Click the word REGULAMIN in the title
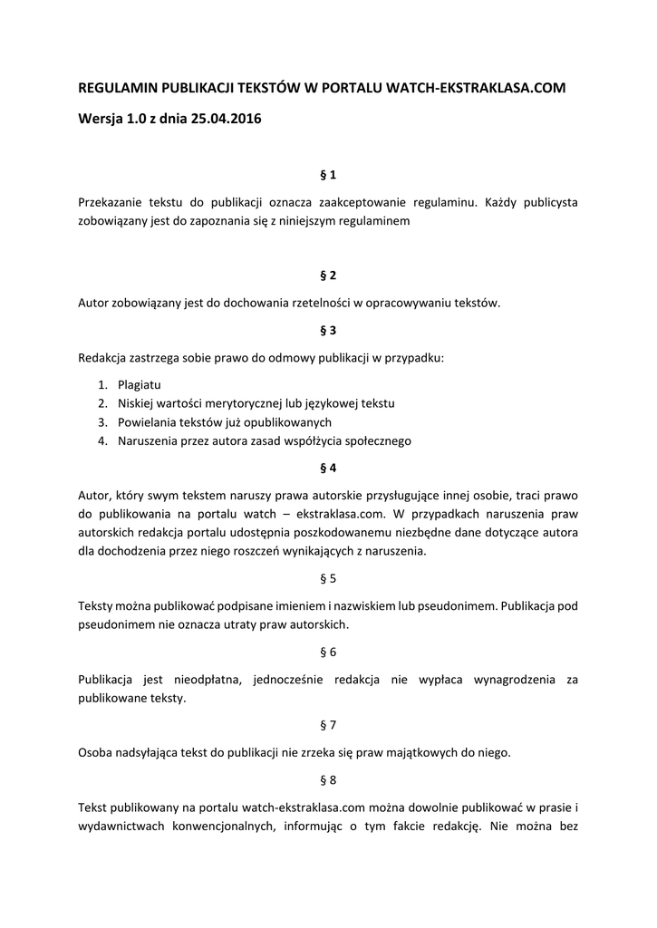(x=117, y=88)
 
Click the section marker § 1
(x=328, y=173)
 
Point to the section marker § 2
(x=328, y=275)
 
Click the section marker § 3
(x=328, y=330)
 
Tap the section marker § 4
(x=328, y=469)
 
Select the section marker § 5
(x=328, y=578)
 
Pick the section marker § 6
(x=328, y=652)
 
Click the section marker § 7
(x=328, y=725)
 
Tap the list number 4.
(x=102, y=441)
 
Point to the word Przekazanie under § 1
(x=114, y=201)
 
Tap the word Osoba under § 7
(x=95, y=752)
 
